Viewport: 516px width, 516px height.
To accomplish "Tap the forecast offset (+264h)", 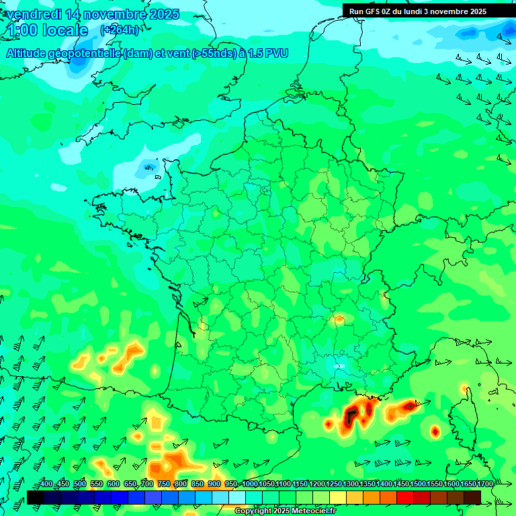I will coord(120,30).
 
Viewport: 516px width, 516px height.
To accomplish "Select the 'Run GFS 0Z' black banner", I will coord(417,11).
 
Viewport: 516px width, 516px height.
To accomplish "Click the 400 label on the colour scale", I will coord(46,484).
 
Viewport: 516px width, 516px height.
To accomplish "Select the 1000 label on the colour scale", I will coord(249,484).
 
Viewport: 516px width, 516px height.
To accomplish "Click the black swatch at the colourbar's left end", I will coord(36,497).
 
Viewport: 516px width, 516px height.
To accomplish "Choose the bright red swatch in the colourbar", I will coord(405,497).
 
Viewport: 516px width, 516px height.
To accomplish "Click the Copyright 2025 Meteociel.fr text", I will coord(285,511).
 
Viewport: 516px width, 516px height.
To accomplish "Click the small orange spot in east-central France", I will coord(339,318).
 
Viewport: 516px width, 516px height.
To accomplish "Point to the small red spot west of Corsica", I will coord(435,431).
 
